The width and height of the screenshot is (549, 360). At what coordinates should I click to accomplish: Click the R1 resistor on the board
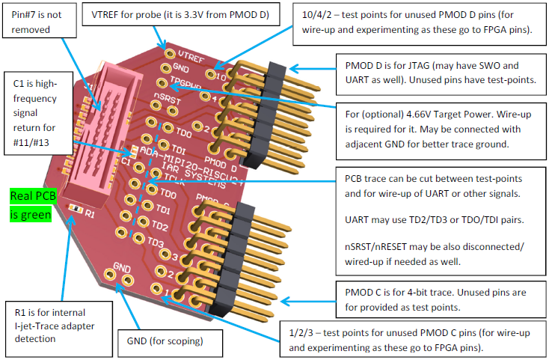coord(74,207)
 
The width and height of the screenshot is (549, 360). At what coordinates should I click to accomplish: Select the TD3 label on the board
coord(156,243)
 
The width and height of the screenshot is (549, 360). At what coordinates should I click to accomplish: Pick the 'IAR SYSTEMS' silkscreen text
coord(184,174)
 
